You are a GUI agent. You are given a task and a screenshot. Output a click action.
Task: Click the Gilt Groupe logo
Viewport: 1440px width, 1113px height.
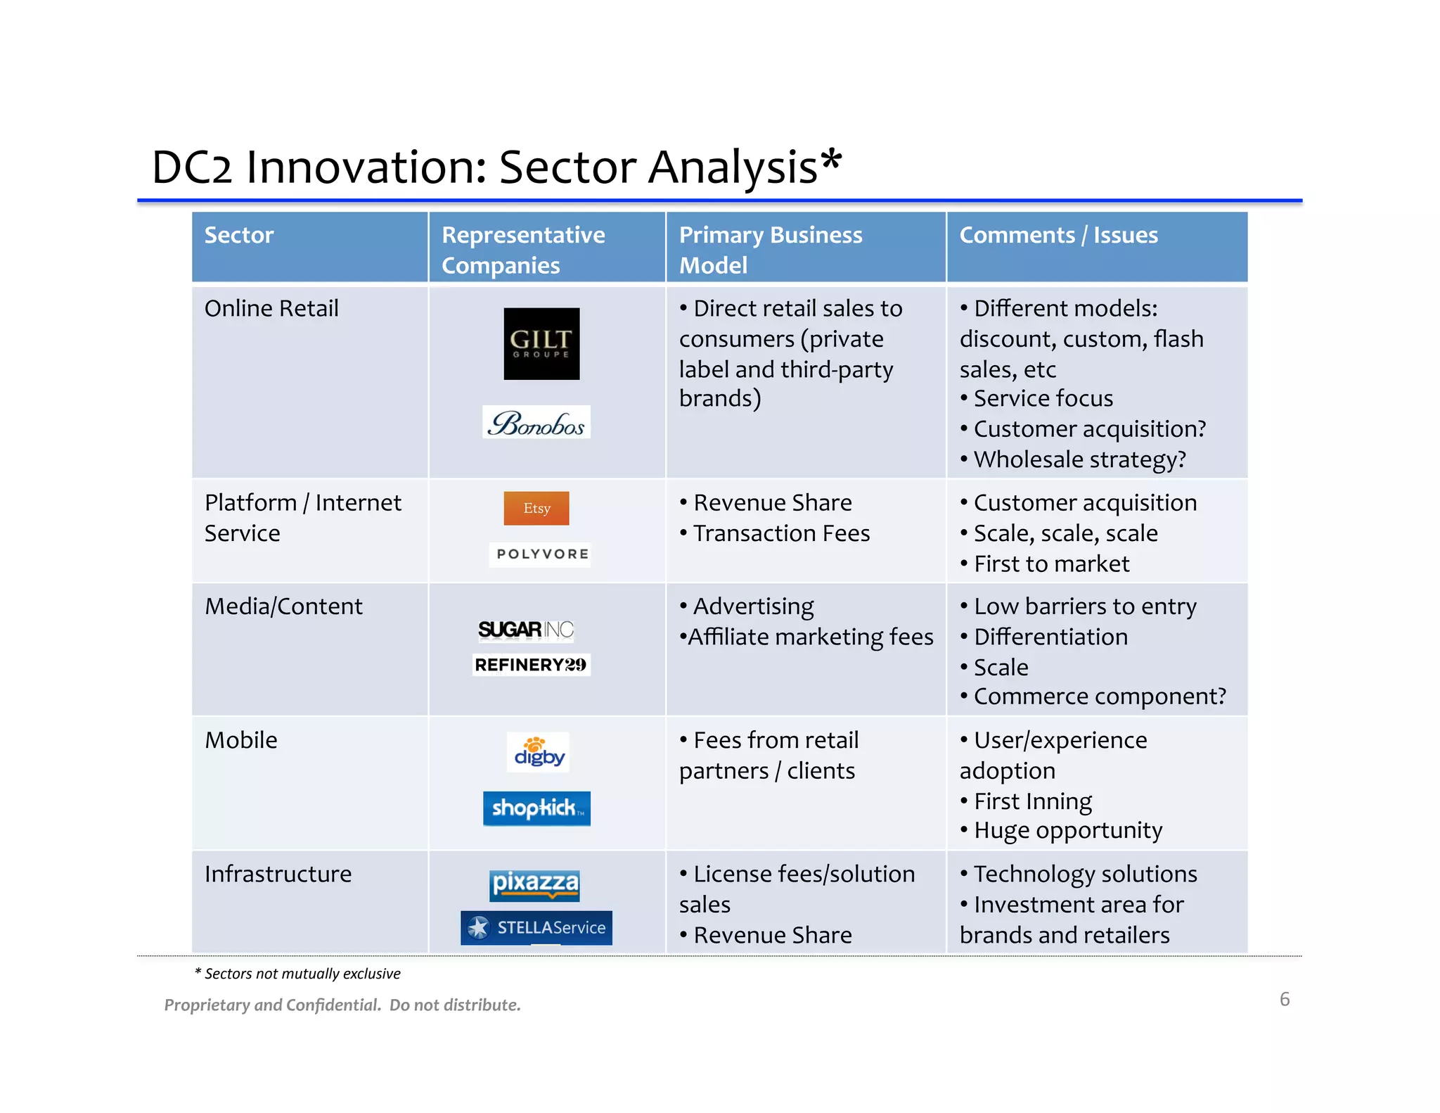(541, 343)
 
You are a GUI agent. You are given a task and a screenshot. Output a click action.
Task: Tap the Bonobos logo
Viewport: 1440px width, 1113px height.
(536, 422)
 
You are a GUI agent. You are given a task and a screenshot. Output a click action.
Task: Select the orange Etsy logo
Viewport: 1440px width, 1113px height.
(536, 508)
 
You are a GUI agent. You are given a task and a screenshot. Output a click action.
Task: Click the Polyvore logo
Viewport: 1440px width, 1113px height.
(540, 554)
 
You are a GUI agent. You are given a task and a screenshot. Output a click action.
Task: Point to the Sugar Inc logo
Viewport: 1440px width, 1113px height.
(526, 629)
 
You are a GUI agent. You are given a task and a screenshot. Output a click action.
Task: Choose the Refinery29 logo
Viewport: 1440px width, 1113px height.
(531, 665)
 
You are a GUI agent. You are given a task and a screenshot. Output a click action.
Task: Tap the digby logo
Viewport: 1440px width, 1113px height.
(539, 753)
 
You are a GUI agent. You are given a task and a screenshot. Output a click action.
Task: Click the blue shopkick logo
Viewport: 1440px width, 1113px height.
(536, 808)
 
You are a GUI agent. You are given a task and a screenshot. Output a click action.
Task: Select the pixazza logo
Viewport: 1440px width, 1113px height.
(535, 884)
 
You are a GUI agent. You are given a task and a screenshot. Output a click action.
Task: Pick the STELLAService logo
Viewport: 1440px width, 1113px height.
(536, 927)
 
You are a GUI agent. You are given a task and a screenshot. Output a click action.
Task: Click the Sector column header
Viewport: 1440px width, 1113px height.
(239, 235)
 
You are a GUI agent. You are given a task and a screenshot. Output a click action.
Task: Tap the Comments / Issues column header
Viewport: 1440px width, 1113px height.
(1058, 235)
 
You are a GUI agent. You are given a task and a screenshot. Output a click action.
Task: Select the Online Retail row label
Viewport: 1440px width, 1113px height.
(271, 308)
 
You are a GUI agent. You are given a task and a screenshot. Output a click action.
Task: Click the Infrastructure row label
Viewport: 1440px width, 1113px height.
(278, 874)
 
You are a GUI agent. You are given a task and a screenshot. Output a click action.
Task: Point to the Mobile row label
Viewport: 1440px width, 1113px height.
(241, 740)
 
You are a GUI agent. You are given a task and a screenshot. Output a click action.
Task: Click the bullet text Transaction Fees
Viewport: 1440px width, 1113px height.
(781, 533)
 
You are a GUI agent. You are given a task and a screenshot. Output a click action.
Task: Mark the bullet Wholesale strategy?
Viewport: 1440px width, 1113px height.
(1079, 459)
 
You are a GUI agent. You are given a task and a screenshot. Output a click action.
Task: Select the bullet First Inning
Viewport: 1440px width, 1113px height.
(1032, 801)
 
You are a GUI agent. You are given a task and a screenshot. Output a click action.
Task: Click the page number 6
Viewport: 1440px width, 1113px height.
(1284, 999)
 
